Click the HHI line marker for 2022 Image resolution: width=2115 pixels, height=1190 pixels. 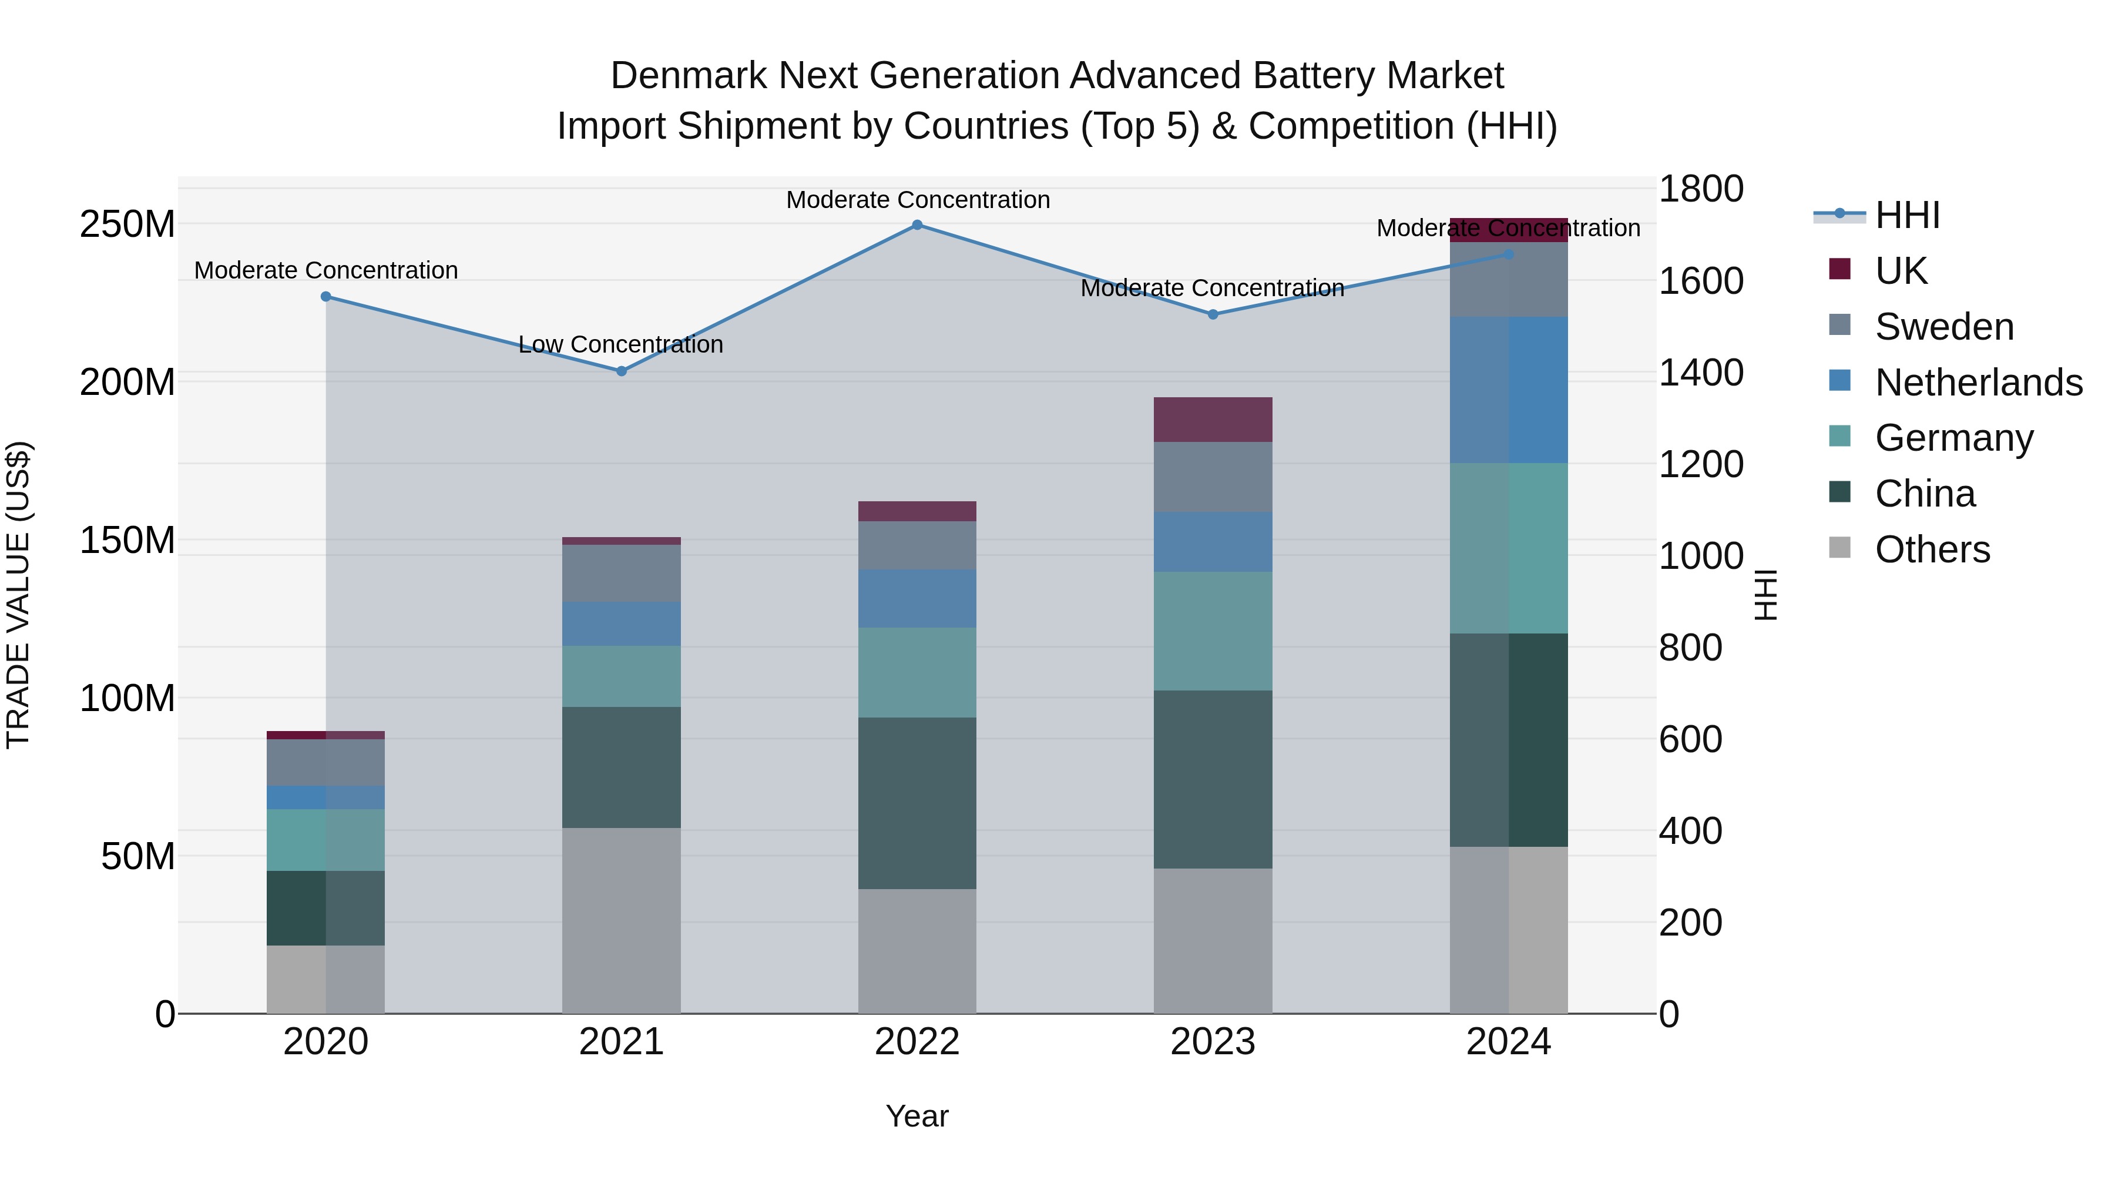coord(917,225)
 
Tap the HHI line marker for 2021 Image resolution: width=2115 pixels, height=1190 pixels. coord(622,371)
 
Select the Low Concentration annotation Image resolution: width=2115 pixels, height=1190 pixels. coord(621,344)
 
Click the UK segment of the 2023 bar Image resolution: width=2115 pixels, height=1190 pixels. coord(1213,420)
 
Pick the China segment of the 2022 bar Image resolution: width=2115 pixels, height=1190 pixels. coord(917,803)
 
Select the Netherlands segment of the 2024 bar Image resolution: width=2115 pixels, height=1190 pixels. coord(1508,390)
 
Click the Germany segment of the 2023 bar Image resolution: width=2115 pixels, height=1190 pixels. coord(1213,631)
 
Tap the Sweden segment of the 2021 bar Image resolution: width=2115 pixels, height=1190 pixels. coord(622,573)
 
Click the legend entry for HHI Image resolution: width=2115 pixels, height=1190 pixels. coord(1907,215)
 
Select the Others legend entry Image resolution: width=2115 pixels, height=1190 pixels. coord(1932,549)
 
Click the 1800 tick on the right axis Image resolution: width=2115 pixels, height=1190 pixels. coord(1700,189)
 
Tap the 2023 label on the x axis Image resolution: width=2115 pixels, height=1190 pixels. coord(1213,1042)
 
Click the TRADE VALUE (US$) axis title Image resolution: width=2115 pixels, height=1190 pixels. coord(18,595)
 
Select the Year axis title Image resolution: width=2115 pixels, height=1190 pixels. coord(917,1116)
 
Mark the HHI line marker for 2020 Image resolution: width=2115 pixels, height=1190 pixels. coord(326,297)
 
